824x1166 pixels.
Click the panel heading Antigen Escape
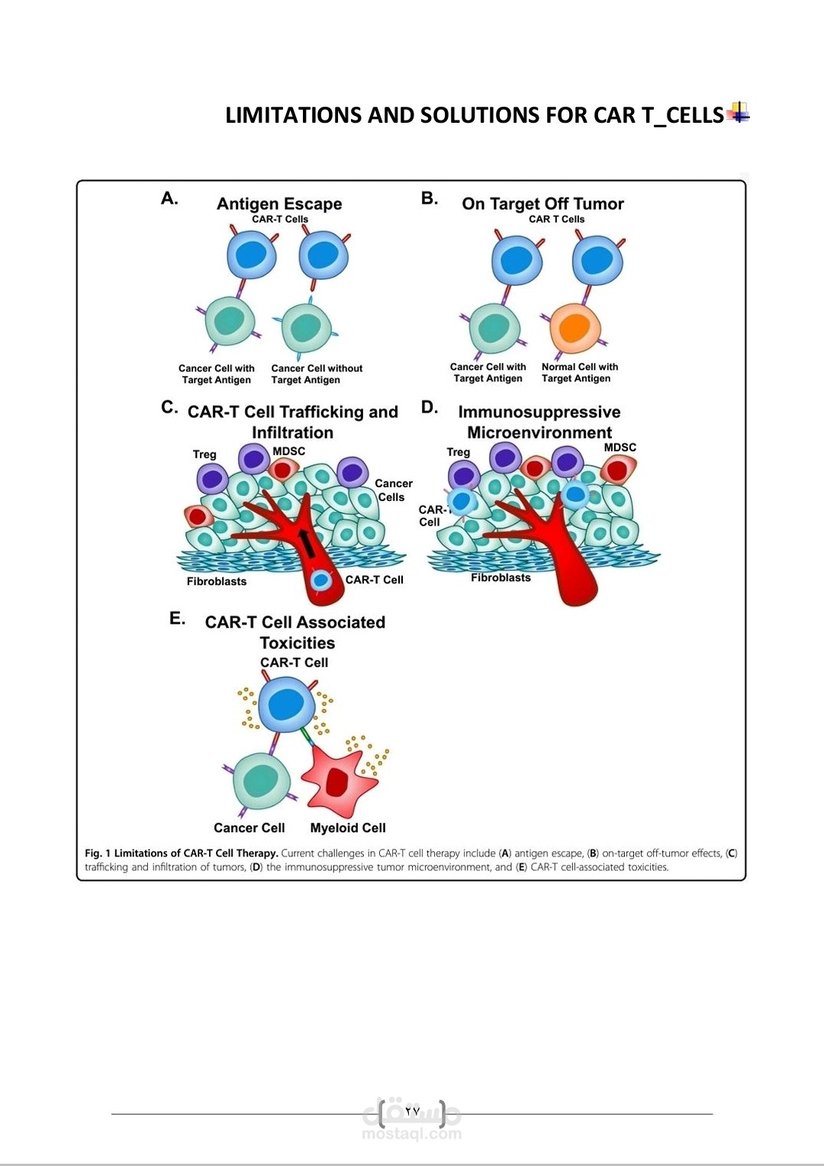[x=279, y=204]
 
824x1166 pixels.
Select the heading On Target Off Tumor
[x=542, y=204]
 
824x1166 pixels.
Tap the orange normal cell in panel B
[x=575, y=327]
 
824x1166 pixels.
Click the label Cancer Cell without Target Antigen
[x=317, y=374]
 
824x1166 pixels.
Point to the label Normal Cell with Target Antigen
[x=579, y=372]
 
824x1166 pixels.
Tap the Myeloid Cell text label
[x=348, y=827]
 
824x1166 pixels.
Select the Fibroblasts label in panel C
[x=217, y=581]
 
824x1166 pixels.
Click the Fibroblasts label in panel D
[x=501, y=577]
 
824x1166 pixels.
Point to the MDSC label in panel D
[x=620, y=448]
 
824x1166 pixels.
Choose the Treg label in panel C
[x=204, y=454]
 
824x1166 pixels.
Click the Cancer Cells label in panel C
[x=393, y=490]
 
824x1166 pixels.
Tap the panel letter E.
[x=177, y=618]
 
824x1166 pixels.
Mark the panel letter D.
[x=430, y=407]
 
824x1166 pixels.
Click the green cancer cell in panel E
[x=261, y=782]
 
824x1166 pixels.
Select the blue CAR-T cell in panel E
[x=287, y=704]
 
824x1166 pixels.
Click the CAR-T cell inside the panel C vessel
[x=321, y=581]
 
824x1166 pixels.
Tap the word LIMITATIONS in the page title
[x=294, y=115]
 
